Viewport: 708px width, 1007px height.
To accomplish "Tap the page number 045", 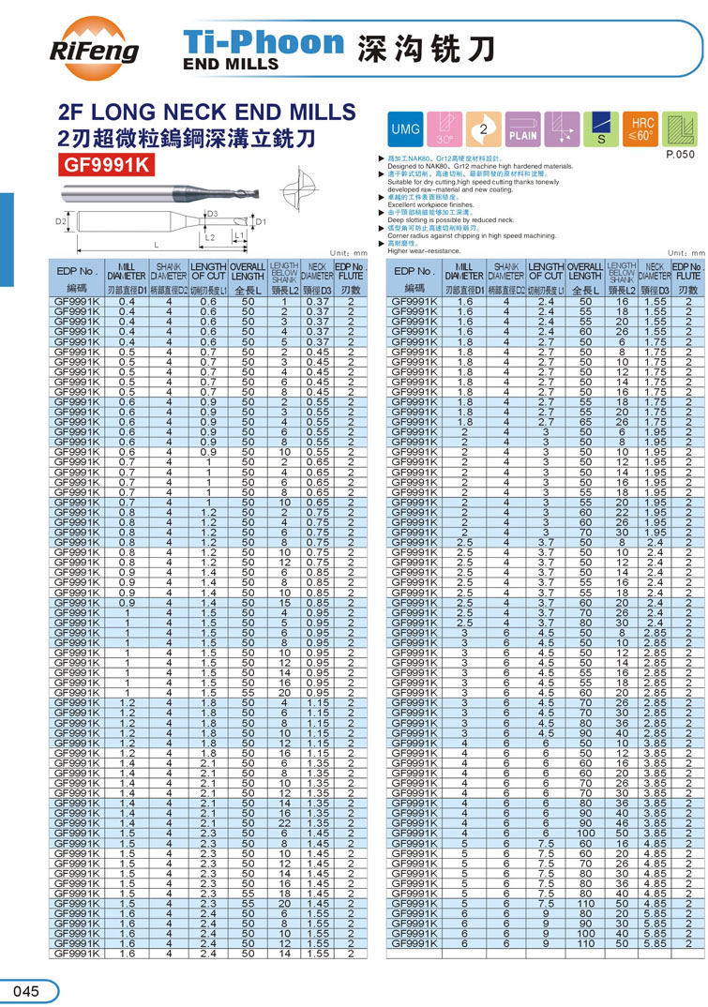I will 27,991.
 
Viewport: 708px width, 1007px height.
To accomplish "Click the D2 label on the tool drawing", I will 59,222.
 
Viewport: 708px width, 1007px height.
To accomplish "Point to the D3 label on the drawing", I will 212,215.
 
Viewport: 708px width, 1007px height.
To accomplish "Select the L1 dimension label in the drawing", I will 238,234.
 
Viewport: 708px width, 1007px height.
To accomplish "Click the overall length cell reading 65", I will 585,422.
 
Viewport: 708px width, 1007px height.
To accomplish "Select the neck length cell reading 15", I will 282,602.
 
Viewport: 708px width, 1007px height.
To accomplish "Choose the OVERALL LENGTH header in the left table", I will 248,272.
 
